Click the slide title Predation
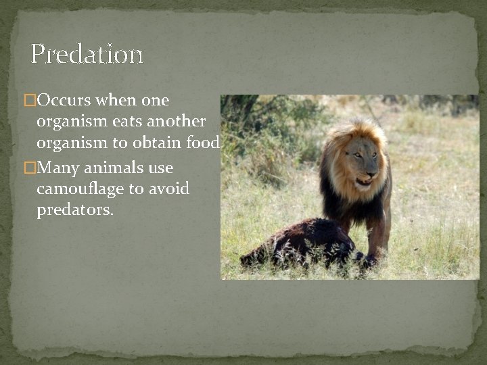pyautogui.click(x=87, y=54)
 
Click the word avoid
pyautogui.click(x=170, y=189)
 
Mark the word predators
pyautogui.click(x=75, y=210)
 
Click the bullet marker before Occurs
pyautogui.click(x=29, y=101)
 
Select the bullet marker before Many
pyautogui.click(x=29, y=168)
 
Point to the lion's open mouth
pyautogui.click(x=363, y=181)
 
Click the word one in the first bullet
pyautogui.click(x=156, y=101)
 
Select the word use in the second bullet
pyautogui.click(x=159, y=168)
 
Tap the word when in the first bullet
pyautogui.click(x=118, y=101)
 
